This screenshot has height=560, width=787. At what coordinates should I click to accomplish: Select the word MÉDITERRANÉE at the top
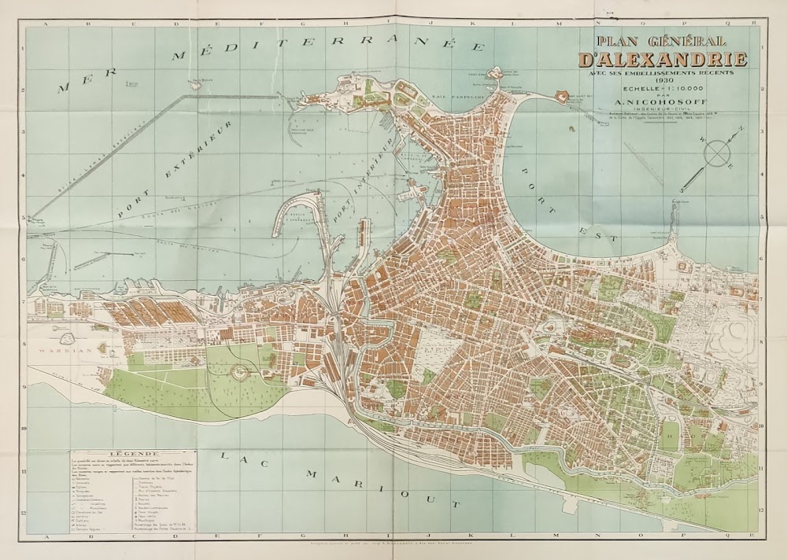coord(327,49)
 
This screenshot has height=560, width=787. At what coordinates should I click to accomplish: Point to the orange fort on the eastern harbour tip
coord(563,96)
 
